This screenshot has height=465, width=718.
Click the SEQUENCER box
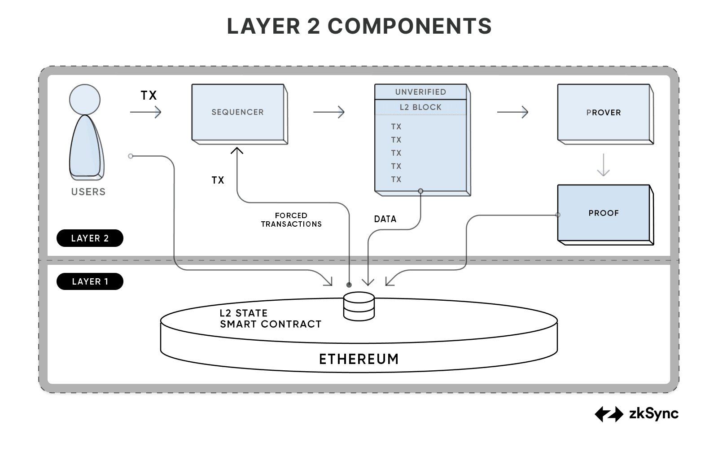pyautogui.click(x=238, y=112)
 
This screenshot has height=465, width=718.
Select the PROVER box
pyautogui.click(x=604, y=112)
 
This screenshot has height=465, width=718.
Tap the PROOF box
pyautogui.click(x=604, y=213)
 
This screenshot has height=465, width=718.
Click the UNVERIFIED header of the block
pyautogui.click(x=420, y=92)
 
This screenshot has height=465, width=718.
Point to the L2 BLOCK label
pyautogui.click(x=420, y=107)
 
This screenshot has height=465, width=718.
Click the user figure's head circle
pyautogui.click(x=85, y=100)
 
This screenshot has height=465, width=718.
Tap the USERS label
pyautogui.click(x=88, y=192)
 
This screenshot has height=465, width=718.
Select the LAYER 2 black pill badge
pyautogui.click(x=90, y=238)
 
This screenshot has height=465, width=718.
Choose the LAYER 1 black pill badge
pyautogui.click(x=90, y=281)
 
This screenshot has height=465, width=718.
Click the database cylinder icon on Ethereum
pyautogui.click(x=359, y=306)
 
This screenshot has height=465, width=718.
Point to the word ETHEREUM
pyautogui.click(x=359, y=359)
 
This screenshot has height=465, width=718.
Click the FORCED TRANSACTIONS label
pyautogui.click(x=291, y=220)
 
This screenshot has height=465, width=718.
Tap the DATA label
pyautogui.click(x=385, y=219)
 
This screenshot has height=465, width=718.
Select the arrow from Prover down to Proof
pyautogui.click(x=604, y=165)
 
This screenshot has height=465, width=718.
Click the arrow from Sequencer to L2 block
pyautogui.click(x=329, y=112)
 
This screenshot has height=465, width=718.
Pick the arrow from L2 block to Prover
pyautogui.click(x=512, y=112)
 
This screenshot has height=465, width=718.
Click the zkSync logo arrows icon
pyautogui.click(x=609, y=414)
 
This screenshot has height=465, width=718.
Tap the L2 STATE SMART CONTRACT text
pyautogui.click(x=270, y=319)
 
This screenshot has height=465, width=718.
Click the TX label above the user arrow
pyautogui.click(x=149, y=96)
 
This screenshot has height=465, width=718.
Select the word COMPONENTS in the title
pyautogui.click(x=410, y=26)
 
